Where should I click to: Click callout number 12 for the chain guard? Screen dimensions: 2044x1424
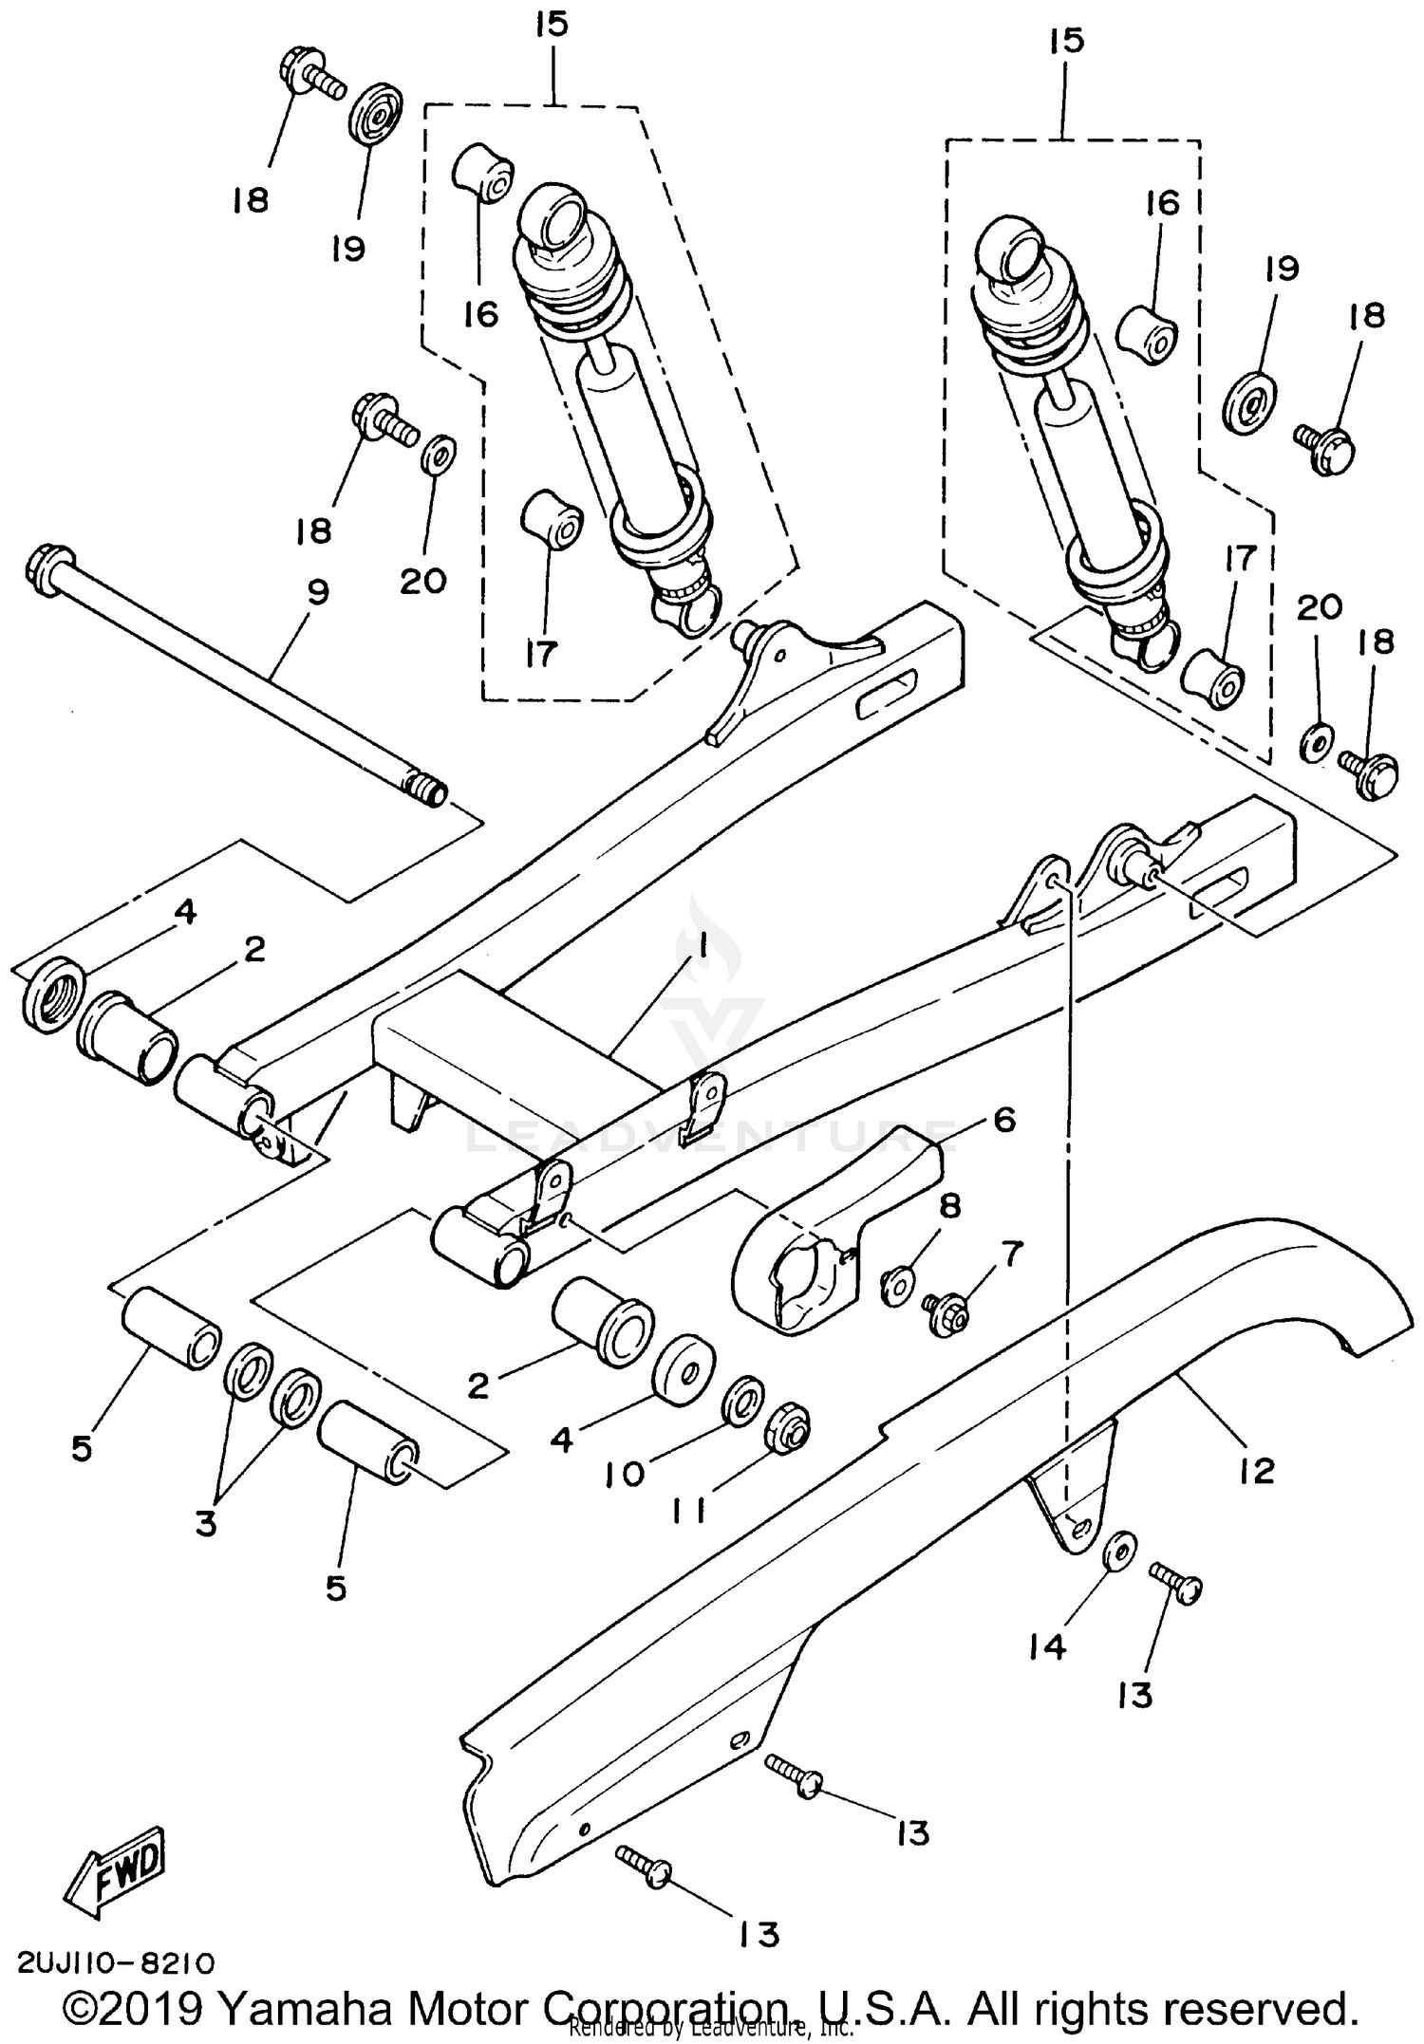tap(1256, 1471)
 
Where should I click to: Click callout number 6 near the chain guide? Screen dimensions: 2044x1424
tap(1004, 1119)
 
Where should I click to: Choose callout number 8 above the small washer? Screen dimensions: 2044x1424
tap(949, 1206)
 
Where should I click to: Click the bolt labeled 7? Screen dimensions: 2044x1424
tap(946, 1314)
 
